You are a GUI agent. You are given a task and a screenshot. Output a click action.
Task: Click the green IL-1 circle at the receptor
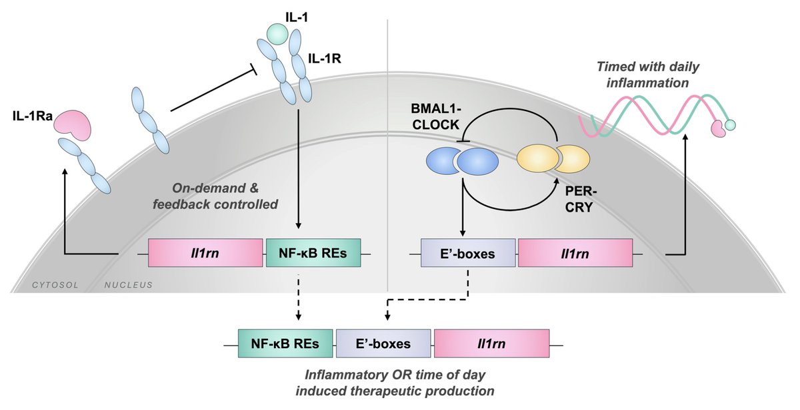click(x=277, y=34)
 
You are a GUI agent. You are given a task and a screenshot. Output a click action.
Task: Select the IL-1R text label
click(x=324, y=59)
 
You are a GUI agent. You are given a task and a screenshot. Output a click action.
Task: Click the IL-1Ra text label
click(x=33, y=116)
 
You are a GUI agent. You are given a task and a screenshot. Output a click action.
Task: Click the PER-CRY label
click(x=581, y=200)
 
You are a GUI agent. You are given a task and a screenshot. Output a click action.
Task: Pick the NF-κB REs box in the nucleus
click(x=313, y=253)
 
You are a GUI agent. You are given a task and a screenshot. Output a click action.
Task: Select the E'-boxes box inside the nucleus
click(x=468, y=253)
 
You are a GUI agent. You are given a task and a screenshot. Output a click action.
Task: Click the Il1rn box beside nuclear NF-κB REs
click(x=205, y=253)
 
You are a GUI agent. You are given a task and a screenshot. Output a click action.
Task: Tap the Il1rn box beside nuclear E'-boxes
click(x=575, y=253)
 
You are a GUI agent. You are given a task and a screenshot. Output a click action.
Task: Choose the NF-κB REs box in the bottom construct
click(x=285, y=343)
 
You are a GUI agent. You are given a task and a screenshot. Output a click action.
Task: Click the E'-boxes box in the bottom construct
click(x=383, y=343)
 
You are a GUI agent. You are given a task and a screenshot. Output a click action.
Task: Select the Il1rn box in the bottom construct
click(x=492, y=343)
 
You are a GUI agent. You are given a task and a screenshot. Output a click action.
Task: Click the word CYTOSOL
click(x=55, y=286)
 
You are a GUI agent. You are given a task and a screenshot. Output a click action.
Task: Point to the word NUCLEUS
click(x=129, y=286)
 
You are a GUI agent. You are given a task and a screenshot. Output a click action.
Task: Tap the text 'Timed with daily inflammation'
click(x=648, y=75)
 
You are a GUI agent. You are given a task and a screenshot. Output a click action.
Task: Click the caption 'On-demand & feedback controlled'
click(x=215, y=196)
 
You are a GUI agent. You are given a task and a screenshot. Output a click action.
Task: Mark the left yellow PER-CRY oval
click(x=538, y=158)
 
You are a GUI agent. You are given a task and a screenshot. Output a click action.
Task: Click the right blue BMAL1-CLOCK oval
click(x=478, y=162)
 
